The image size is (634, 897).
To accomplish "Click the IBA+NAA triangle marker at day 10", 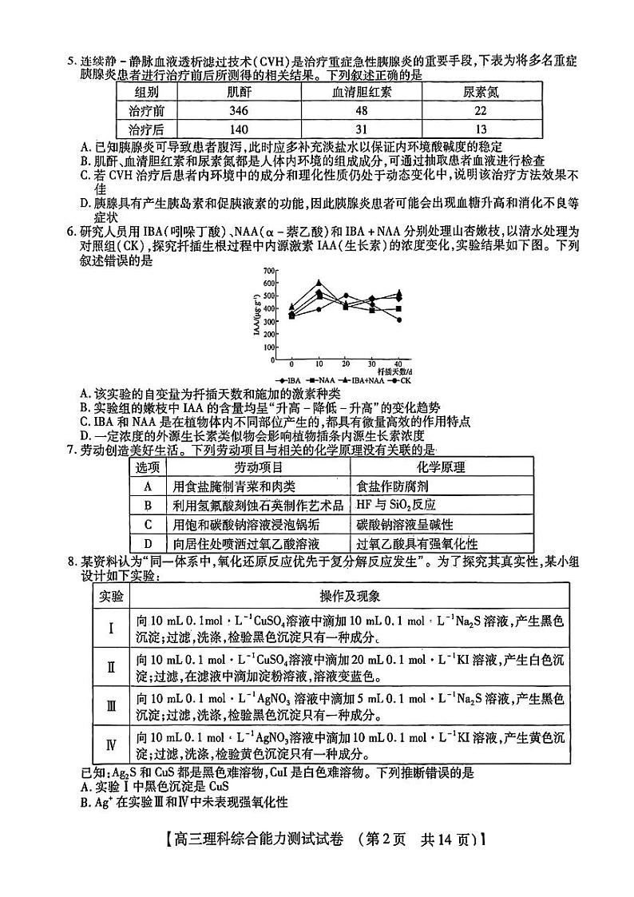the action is tap(319, 282).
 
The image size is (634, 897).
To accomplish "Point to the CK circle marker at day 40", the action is tap(399, 320).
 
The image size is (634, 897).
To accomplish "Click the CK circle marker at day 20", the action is tap(346, 296).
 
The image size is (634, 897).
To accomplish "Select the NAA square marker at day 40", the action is tap(399, 308).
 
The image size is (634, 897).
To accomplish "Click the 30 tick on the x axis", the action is tap(372, 363).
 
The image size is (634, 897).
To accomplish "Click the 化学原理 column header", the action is tap(441, 467).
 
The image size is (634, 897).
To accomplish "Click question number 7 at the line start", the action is tap(70, 450).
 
